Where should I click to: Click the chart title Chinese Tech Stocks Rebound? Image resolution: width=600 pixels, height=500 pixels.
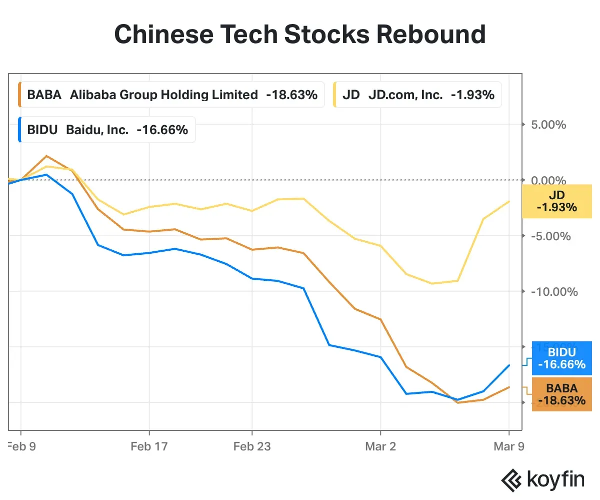point(300,35)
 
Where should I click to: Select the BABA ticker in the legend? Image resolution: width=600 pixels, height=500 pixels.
point(44,95)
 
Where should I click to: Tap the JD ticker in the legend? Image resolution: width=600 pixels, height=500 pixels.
point(351,95)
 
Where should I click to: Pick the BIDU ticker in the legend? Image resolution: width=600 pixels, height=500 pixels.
point(42,130)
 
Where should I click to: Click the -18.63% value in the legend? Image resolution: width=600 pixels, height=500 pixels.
point(291,95)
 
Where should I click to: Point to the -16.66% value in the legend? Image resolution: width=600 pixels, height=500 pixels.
point(162,130)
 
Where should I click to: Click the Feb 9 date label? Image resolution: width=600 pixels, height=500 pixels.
point(22,446)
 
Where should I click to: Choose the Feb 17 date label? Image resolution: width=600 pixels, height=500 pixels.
point(149,446)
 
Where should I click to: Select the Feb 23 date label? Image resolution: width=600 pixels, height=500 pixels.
point(252,446)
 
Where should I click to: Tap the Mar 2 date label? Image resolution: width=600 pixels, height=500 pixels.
point(381,446)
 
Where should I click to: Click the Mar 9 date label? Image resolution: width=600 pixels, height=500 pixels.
point(508,446)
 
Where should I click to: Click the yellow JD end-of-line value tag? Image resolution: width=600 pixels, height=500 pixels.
point(556,201)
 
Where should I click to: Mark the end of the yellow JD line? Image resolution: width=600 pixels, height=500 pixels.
point(509,201)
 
